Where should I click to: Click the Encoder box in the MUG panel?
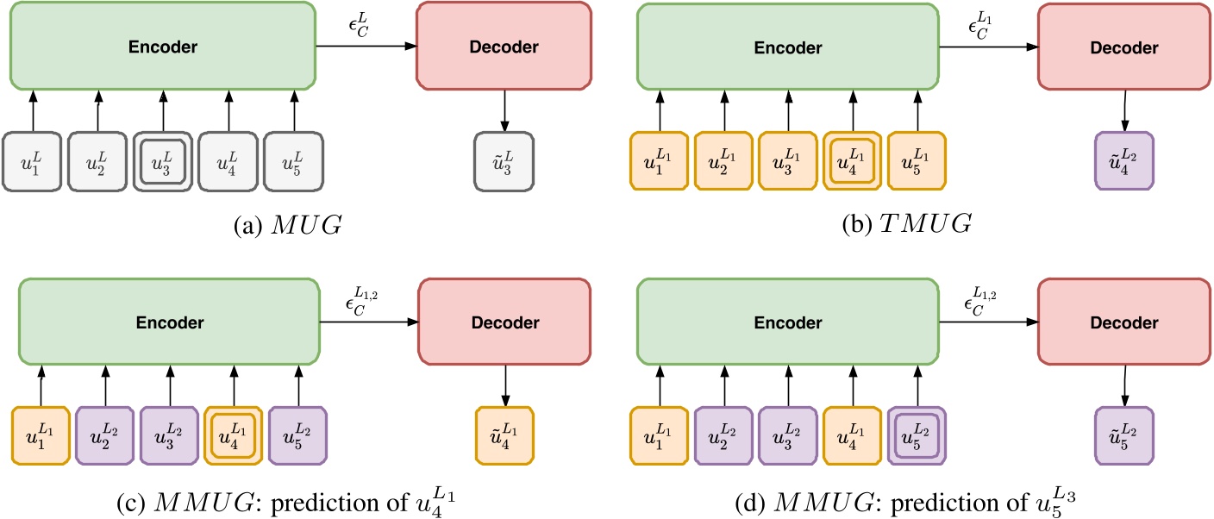pos(162,46)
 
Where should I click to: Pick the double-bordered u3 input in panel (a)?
pos(163,161)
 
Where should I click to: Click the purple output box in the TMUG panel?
pos(1124,161)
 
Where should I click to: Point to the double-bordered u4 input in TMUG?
pos(852,161)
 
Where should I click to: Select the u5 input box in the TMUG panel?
pos(917,161)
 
